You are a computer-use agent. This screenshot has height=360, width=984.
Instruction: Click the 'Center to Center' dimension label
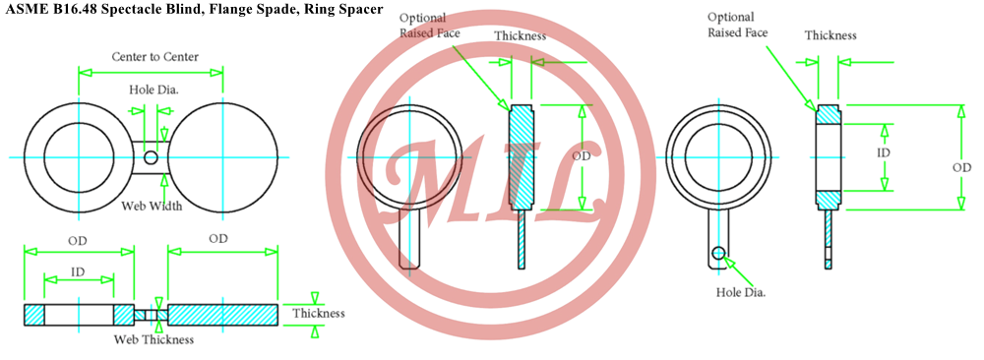pos(155,57)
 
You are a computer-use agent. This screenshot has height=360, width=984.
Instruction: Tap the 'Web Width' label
pos(152,206)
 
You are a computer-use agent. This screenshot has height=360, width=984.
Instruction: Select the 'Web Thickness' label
pos(154,340)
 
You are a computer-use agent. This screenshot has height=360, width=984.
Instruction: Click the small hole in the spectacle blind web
pos(151,156)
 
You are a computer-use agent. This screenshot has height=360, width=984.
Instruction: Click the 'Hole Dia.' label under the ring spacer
pos(741,291)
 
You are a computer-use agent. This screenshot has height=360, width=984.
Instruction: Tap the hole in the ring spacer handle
pos(718,253)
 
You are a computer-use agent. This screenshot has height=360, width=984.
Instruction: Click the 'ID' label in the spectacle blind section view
pos(78,271)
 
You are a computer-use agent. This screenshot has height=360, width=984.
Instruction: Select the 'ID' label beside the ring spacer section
pos(884,152)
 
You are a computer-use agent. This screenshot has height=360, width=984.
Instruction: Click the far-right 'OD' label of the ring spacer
pos(962,168)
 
